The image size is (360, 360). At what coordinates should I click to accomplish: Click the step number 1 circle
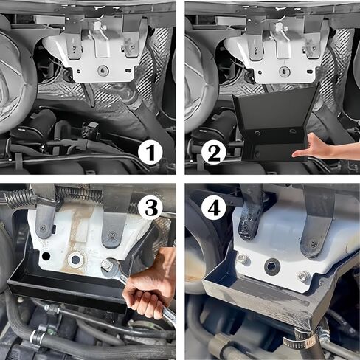(x=150, y=153)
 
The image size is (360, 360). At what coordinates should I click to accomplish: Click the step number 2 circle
(x=214, y=153)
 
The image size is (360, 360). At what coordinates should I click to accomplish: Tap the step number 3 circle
(x=150, y=208)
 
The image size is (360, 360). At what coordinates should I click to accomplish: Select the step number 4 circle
(x=214, y=208)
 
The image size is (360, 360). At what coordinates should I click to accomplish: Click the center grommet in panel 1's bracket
(x=103, y=70)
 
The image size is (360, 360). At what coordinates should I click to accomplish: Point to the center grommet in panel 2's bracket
(x=285, y=72)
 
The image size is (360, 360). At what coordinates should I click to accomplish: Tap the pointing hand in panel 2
(x=322, y=147)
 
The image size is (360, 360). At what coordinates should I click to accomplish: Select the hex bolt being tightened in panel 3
(x=107, y=264)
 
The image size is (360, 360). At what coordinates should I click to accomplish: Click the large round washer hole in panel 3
(x=76, y=259)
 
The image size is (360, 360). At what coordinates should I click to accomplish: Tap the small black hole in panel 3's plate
(x=46, y=256)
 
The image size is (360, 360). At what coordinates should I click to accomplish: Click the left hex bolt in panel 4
(x=243, y=258)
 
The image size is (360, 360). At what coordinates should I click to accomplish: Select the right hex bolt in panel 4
(x=303, y=276)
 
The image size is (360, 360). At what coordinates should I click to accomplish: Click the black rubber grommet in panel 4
(x=272, y=266)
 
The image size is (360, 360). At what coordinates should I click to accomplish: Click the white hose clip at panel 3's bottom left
(x=35, y=336)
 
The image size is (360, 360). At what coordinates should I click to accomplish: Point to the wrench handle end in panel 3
(x=170, y=318)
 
